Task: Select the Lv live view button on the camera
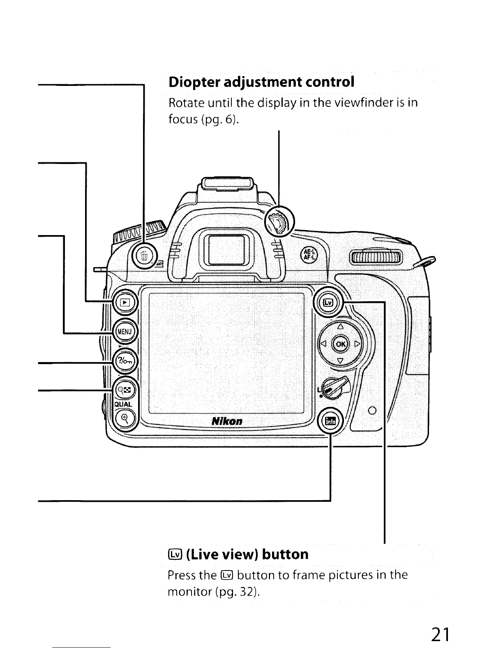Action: coord(328,303)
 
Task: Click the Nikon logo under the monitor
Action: coord(227,421)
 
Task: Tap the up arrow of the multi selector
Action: coord(340,328)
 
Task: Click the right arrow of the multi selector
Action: coord(357,343)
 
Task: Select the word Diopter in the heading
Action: coord(194,82)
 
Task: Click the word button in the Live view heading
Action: coord(285,554)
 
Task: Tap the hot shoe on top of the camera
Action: coord(227,182)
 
